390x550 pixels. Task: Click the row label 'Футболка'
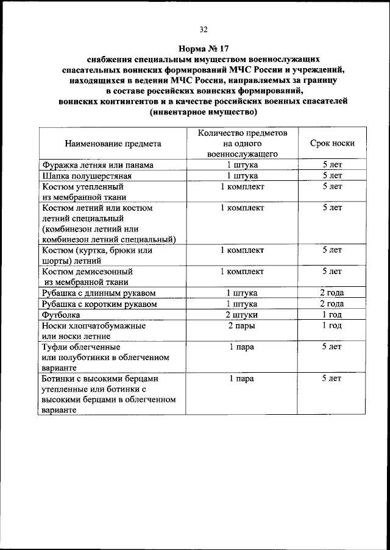(x=62, y=314)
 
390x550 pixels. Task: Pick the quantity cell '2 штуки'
(x=242, y=314)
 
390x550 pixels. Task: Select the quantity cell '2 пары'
(x=242, y=326)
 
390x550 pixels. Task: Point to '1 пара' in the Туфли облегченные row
(x=242, y=347)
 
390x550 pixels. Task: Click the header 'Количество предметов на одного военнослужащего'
(x=242, y=144)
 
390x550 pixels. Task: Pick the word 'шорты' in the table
(x=56, y=260)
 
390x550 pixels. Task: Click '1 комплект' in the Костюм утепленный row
(x=242, y=186)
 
